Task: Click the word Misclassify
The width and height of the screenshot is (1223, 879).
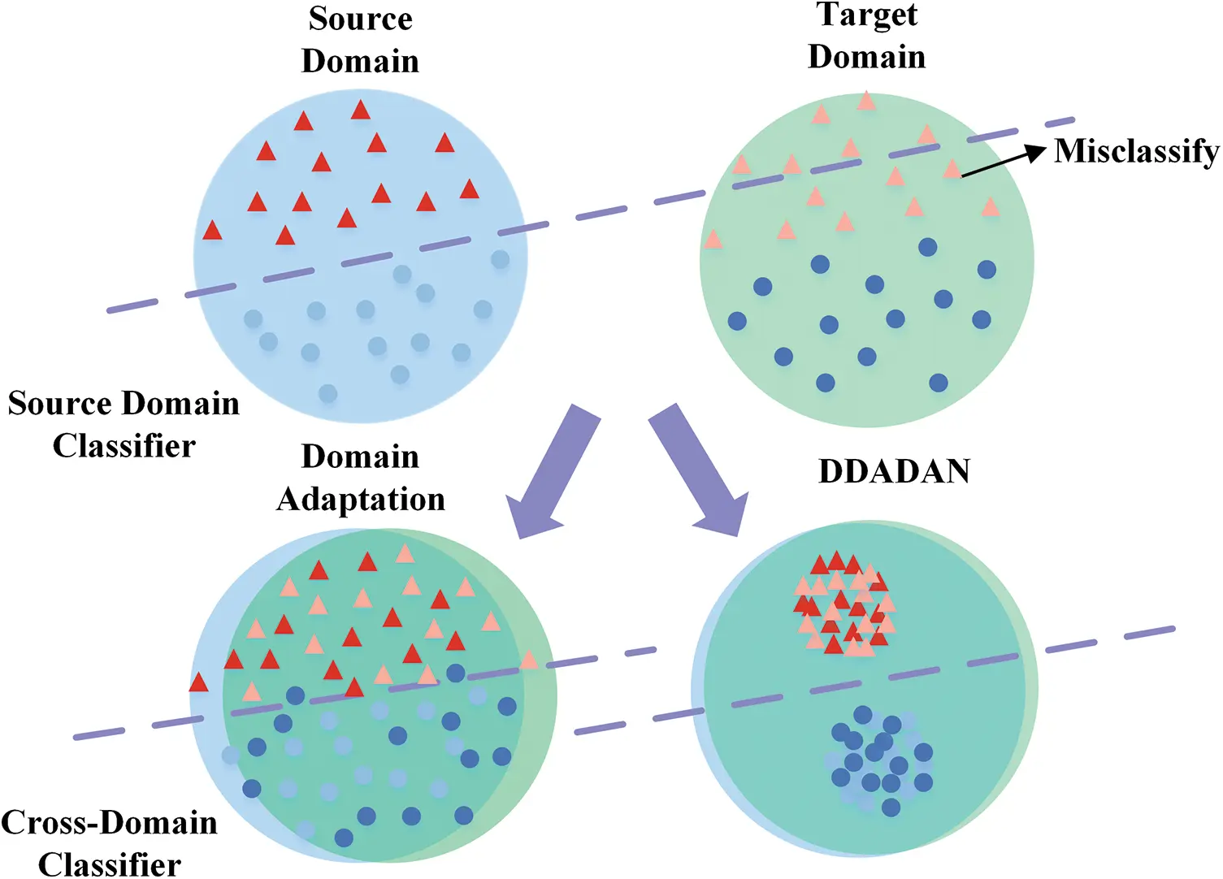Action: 1136,151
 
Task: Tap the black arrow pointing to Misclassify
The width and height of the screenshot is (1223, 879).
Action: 1003,161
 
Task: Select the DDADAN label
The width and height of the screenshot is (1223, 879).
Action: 894,472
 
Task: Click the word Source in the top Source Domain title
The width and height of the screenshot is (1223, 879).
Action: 360,19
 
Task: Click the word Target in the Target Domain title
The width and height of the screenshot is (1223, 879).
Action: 867,15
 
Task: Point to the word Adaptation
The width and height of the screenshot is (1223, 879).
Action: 361,499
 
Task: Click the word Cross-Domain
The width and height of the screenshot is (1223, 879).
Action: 110,823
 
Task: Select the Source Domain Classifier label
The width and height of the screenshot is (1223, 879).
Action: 124,424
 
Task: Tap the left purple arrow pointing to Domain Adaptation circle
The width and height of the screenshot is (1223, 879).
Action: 548,474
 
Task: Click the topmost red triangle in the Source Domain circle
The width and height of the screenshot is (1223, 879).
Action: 361,110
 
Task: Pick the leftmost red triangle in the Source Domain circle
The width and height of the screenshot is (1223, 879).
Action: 212,231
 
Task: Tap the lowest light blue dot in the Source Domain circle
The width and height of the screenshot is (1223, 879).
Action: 327,394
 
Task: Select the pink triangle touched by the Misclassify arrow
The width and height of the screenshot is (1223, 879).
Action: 952,170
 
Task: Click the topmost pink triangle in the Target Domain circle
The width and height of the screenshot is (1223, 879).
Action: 866,101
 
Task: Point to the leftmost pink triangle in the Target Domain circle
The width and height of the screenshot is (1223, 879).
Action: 713,240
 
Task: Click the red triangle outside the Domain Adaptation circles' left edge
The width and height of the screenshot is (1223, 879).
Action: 198,682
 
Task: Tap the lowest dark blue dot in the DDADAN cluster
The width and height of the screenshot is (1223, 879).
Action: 891,807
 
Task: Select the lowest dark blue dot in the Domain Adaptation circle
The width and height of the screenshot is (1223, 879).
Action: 344,837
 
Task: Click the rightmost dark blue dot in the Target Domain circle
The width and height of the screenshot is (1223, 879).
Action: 987,270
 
